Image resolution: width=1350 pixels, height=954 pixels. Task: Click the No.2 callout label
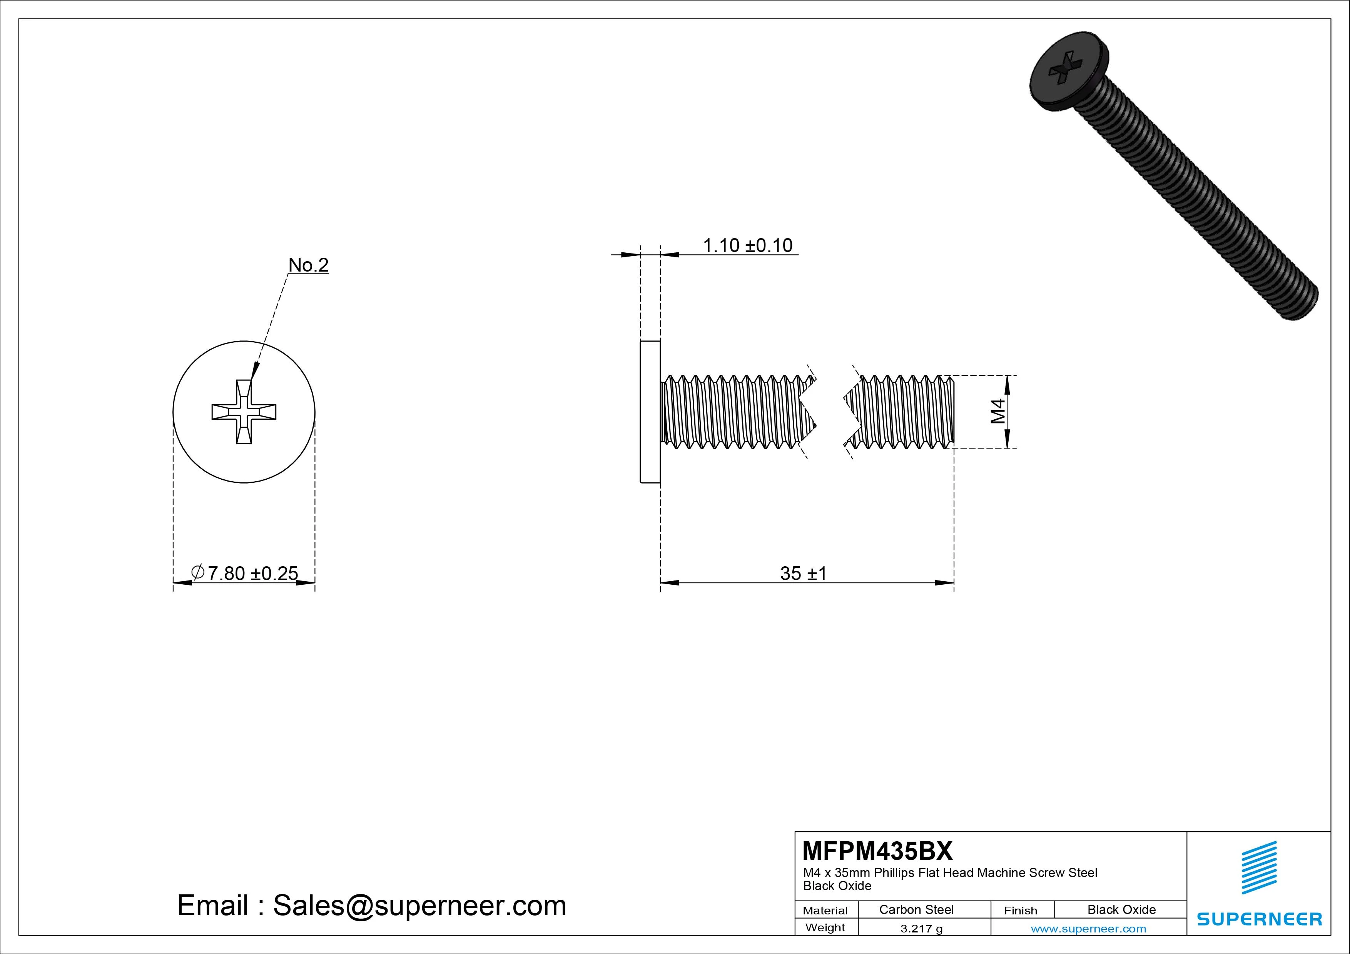coord(308,265)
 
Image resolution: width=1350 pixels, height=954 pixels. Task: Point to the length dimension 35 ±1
coord(803,573)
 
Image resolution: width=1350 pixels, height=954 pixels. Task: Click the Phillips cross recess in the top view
coord(244,412)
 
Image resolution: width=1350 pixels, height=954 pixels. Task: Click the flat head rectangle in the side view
coord(650,412)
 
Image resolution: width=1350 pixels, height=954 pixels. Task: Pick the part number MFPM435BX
coord(877,851)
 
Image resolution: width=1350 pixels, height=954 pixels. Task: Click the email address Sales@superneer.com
coord(419,906)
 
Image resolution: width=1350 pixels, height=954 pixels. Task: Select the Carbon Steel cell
coord(916,909)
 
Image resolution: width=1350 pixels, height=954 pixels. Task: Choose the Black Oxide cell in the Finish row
coord(1121,909)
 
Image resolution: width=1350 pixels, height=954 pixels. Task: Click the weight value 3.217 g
coord(921,929)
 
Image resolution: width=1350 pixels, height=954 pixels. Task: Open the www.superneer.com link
coord(1088,929)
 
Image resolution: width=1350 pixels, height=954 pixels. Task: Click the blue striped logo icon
coord(1259,867)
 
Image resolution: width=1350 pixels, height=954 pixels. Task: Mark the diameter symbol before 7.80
coord(198,572)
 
